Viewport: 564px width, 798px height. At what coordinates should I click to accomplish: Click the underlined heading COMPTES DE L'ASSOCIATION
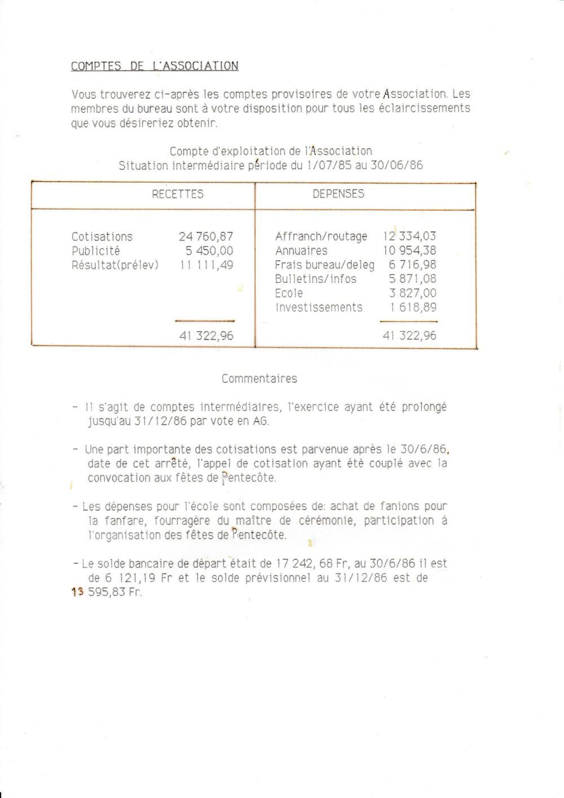(155, 66)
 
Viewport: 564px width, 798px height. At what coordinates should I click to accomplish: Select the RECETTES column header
(178, 194)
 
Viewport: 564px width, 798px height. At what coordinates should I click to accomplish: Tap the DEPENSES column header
(338, 194)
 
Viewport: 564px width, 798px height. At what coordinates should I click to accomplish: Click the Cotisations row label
(102, 237)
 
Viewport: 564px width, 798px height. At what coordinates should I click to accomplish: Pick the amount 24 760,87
(206, 237)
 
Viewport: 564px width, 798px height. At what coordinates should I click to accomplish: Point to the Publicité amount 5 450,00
(209, 251)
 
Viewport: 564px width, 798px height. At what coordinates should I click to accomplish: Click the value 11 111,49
(206, 265)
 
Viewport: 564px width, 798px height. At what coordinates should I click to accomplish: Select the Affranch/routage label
(321, 237)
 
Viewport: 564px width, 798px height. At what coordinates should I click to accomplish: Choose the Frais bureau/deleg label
(324, 265)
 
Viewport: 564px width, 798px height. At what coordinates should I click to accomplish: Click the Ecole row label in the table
(289, 293)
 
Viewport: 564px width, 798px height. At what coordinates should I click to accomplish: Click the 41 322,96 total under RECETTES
(206, 336)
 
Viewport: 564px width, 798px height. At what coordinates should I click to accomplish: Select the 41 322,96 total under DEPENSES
(409, 336)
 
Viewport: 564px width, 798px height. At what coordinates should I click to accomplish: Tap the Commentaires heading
(259, 379)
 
